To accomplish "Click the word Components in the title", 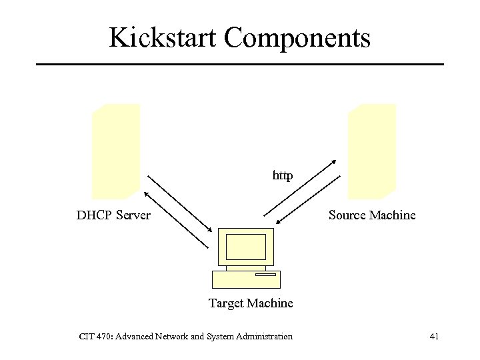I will [x=297, y=37].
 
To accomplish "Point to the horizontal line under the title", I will [x=240, y=64].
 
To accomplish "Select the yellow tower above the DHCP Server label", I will [x=116, y=151].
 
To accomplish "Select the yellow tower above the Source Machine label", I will [x=372, y=151].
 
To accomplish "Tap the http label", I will [x=283, y=176].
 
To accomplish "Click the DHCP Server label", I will [x=113, y=215].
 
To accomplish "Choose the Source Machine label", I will [x=372, y=215].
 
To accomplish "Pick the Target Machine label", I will [x=251, y=303].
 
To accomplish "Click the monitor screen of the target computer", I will [x=246, y=247].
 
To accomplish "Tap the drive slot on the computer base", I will [x=265, y=274].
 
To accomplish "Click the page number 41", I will [x=434, y=337].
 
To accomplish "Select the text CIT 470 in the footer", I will [x=96, y=337].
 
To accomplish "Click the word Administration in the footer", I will [x=265, y=337].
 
